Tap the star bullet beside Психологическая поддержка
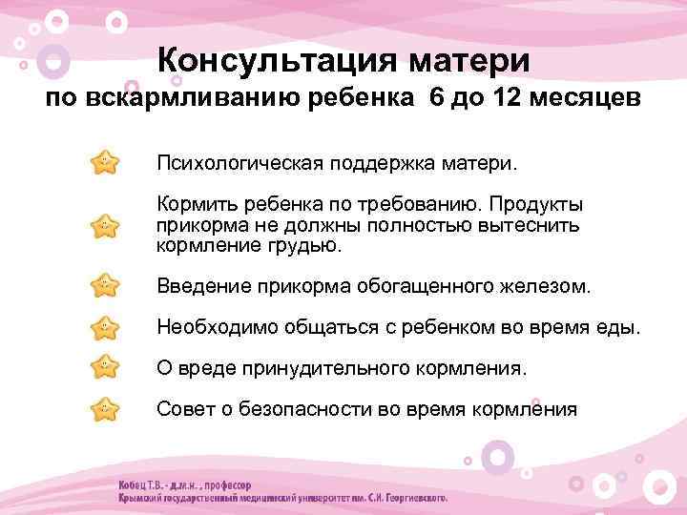(105, 162)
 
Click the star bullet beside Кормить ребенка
(105, 225)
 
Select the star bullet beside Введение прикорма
(105, 286)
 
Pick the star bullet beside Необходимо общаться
(105, 328)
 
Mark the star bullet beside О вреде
(105, 368)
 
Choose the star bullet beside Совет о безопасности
(105, 410)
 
